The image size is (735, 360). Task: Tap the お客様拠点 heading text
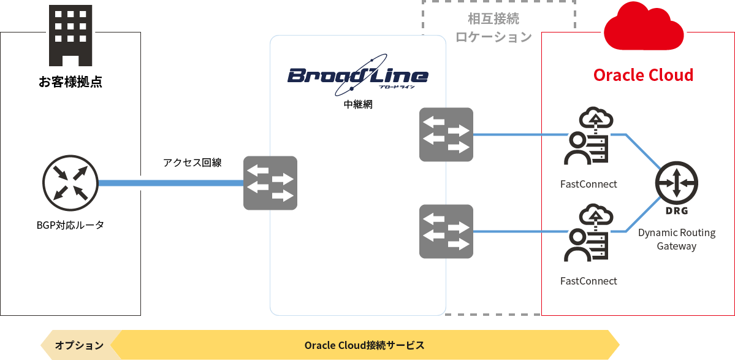coord(70,82)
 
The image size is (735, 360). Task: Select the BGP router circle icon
coord(70,183)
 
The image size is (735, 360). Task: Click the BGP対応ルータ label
coord(70,225)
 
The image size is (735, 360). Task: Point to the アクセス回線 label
coord(192,163)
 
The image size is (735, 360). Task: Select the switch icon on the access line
coord(270,183)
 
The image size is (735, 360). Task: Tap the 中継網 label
coord(358,104)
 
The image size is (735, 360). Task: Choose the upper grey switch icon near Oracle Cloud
coord(446,134)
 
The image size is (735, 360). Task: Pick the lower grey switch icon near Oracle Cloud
coord(446,231)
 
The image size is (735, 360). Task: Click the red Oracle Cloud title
coord(643,75)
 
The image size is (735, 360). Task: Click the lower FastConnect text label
coord(588,281)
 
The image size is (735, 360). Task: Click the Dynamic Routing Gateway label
coord(677,239)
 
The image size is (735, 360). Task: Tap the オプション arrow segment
coord(79,345)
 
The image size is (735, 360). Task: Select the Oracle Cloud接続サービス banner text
coord(364,345)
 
